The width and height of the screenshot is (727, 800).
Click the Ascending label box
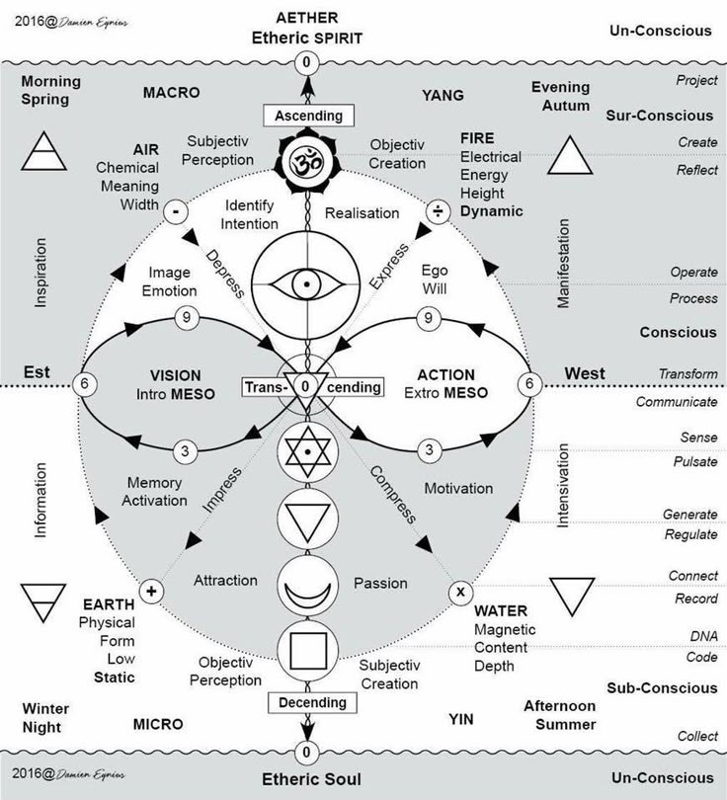pos(308,116)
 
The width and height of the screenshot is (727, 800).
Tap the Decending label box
pos(308,703)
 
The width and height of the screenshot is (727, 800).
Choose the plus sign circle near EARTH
pos(151,592)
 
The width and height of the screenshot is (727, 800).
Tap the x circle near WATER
pos(458,593)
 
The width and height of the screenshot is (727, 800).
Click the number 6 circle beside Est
pos(87,384)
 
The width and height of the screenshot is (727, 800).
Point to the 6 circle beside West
pos(529,384)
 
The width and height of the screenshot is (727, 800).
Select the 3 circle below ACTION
pos(428,450)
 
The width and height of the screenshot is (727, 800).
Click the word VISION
pos(176,375)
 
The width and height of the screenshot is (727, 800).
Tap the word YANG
pos(442,95)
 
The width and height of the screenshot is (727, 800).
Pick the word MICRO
pos(158,724)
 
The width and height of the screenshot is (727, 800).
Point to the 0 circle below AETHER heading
pos(306,63)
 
